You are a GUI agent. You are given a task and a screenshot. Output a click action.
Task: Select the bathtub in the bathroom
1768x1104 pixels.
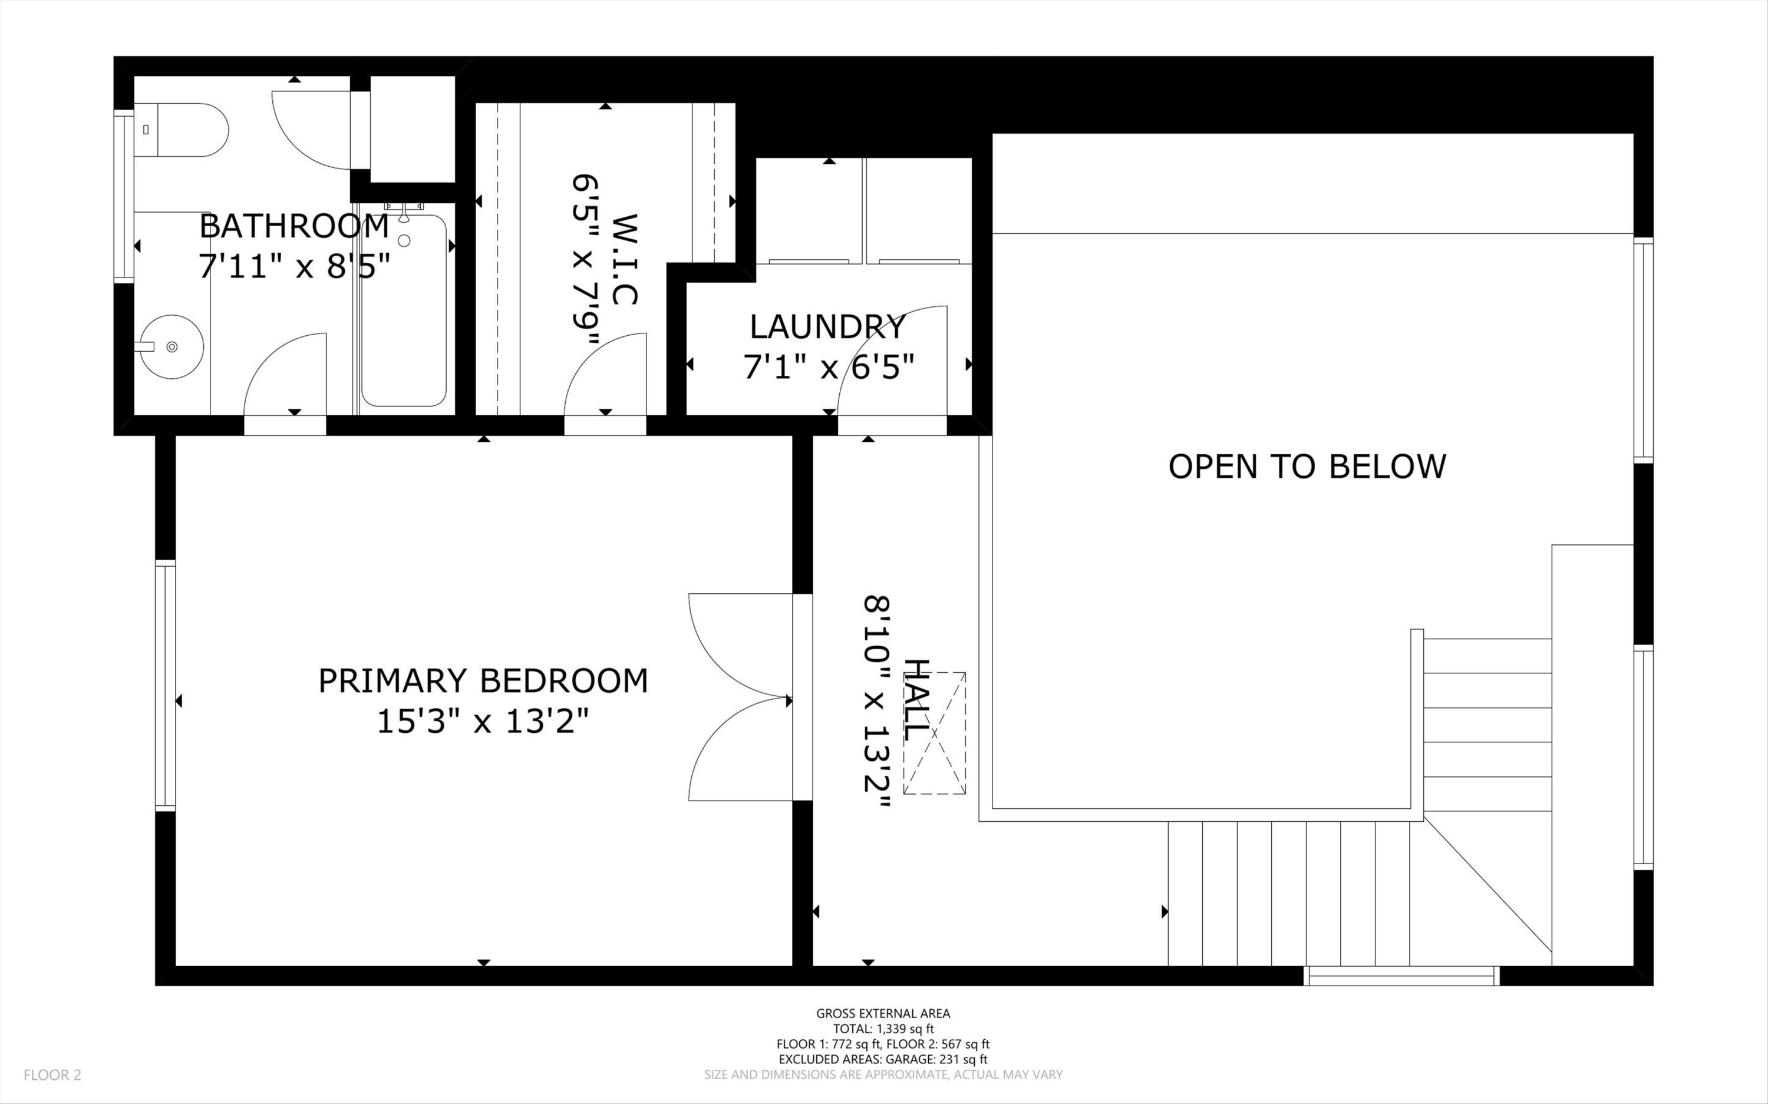[404, 311]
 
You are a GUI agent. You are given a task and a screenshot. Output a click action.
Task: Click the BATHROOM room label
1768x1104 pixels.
[293, 226]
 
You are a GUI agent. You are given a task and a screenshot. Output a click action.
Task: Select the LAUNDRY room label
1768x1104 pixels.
[828, 327]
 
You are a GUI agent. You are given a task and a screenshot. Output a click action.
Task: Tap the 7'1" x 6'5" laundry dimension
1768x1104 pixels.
[828, 367]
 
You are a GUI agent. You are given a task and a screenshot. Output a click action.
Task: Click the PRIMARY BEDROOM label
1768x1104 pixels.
[483, 681]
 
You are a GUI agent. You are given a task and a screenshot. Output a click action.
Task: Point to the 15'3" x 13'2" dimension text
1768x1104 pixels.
[483, 723]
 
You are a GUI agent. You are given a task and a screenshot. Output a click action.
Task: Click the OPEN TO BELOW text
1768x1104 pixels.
[1307, 467]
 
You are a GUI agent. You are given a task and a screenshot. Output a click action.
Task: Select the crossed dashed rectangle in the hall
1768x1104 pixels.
[934, 733]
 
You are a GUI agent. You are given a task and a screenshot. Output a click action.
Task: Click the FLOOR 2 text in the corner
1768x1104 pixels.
[52, 1075]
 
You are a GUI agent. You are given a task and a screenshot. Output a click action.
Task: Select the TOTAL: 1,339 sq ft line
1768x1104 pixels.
[883, 1029]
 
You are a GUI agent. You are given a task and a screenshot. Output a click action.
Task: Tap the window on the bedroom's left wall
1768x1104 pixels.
[165, 686]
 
